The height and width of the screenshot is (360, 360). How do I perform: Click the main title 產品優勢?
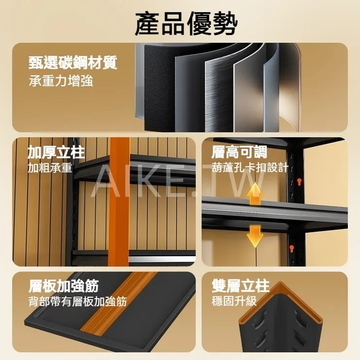click(x=186, y=23)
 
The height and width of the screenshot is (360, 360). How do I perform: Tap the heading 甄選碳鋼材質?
click(x=73, y=62)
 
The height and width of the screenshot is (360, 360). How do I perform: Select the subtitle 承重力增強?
click(x=61, y=81)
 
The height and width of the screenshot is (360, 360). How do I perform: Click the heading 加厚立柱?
click(x=56, y=152)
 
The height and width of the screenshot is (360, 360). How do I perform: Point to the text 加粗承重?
click(x=50, y=168)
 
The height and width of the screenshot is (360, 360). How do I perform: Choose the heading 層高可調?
click(x=239, y=152)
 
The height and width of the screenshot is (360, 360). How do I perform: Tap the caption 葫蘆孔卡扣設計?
click(x=250, y=167)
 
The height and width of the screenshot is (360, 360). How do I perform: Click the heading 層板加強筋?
click(x=64, y=286)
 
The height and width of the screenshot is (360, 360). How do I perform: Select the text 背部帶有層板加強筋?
click(x=78, y=301)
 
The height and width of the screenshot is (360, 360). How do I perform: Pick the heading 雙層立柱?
click(x=240, y=286)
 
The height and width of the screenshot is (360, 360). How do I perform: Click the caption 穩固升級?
click(x=234, y=301)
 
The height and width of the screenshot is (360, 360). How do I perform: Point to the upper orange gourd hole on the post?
click(x=299, y=182)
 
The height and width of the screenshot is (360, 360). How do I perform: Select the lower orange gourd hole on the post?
click(x=291, y=249)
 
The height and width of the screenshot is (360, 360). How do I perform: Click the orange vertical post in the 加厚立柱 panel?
click(x=120, y=201)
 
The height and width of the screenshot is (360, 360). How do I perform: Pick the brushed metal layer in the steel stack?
click(x=218, y=92)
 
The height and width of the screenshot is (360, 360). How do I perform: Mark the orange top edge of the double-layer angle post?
click(x=281, y=301)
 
